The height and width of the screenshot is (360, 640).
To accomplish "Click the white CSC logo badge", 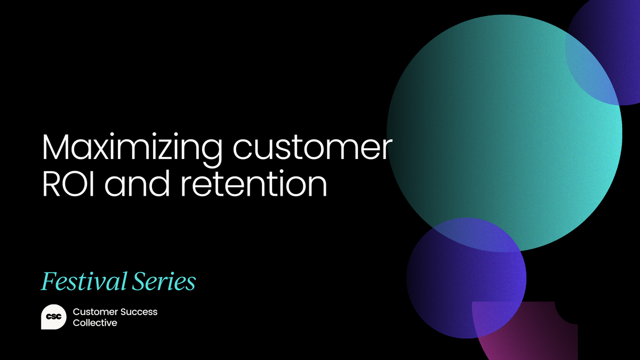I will point(53,317).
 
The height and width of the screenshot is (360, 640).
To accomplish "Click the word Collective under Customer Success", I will point(95,323).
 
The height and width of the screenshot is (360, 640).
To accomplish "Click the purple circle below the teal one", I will point(459,288).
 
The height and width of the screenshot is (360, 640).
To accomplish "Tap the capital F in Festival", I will point(47,281).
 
